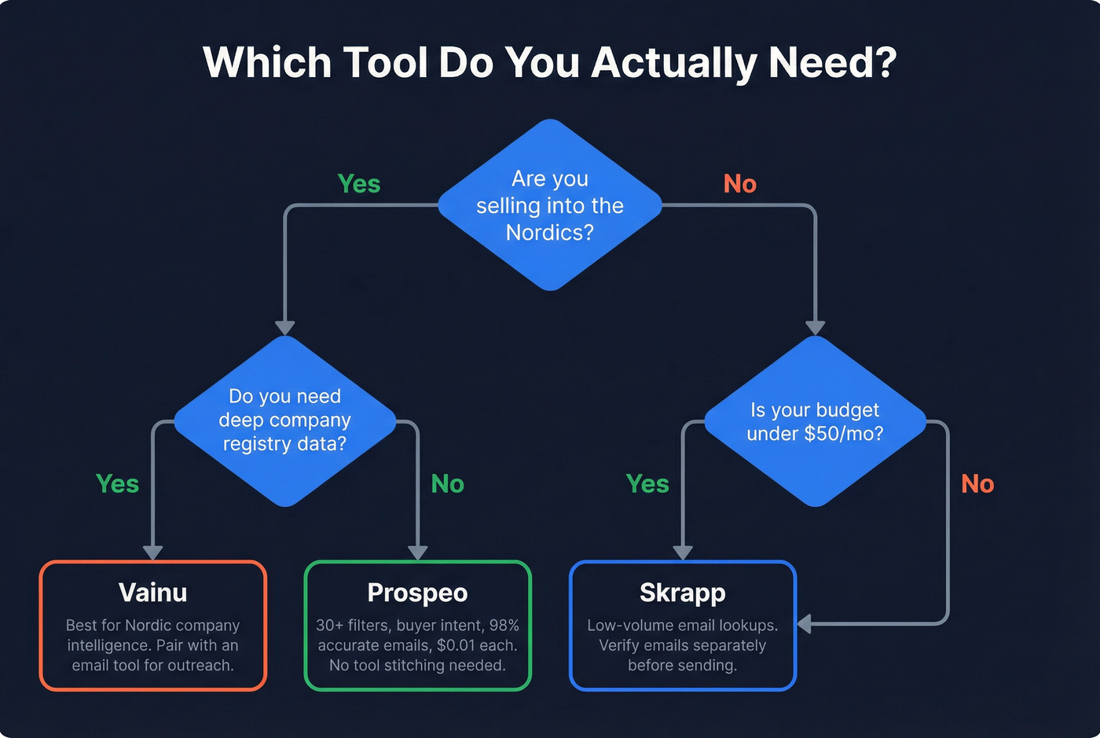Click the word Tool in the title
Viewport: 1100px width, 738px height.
tap(385, 62)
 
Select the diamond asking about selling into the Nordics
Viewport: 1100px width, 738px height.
tap(550, 205)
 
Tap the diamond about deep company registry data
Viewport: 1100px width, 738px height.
tap(284, 420)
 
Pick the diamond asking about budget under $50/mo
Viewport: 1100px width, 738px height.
tap(815, 421)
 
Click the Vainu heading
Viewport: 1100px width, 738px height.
tap(153, 593)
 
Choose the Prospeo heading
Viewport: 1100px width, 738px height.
tap(417, 593)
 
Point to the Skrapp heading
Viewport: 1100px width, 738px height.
tap(682, 593)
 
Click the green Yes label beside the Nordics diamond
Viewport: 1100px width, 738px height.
tap(359, 184)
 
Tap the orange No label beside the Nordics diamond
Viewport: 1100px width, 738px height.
tap(740, 184)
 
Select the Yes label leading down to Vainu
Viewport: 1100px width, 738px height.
tap(117, 484)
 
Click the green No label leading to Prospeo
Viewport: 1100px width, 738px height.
tap(448, 484)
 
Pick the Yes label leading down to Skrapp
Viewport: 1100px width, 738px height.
tap(647, 484)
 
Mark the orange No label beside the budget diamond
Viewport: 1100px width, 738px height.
tap(977, 484)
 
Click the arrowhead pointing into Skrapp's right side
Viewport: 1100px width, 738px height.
tap(804, 624)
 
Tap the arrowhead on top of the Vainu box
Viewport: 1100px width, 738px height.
tap(152, 553)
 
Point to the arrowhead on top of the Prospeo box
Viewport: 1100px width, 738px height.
tap(418, 553)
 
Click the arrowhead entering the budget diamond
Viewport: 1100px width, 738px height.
tap(816, 328)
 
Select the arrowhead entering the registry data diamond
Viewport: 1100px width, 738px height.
tap(285, 328)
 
